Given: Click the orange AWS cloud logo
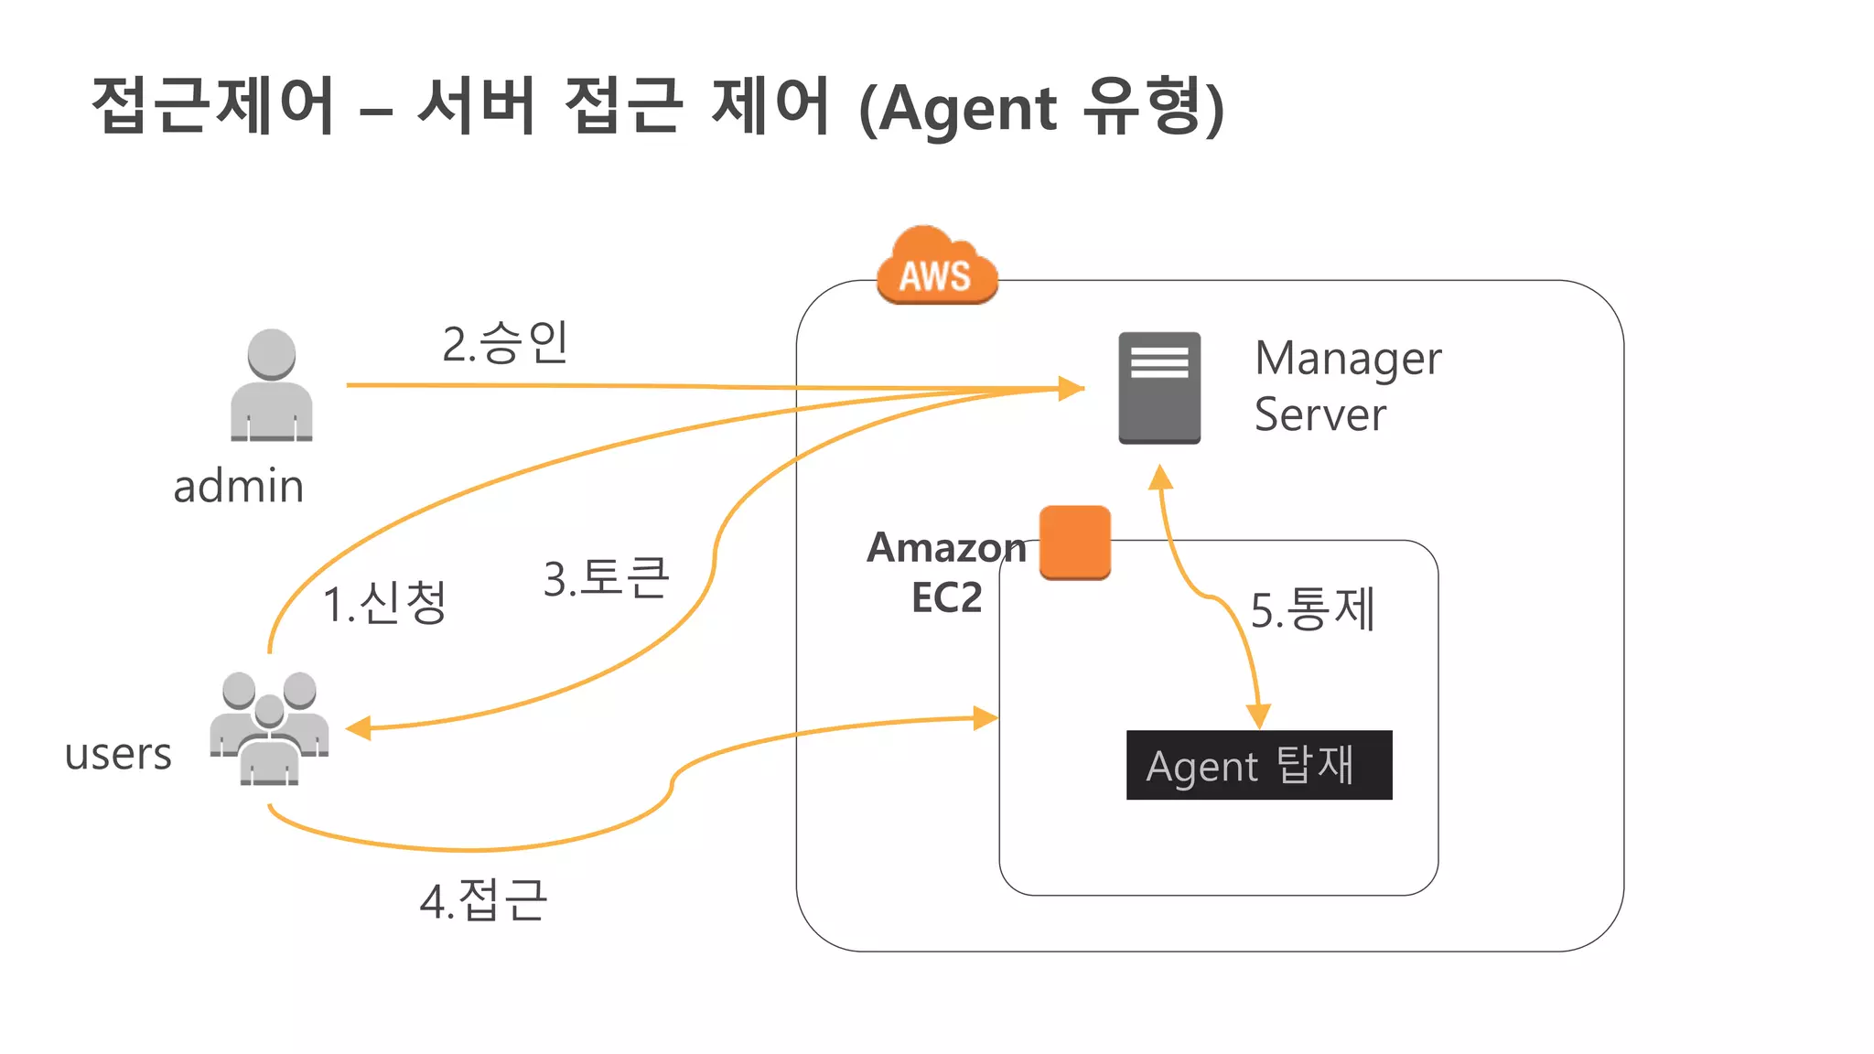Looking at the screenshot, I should click(x=936, y=267).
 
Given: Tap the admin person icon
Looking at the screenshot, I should click(x=271, y=386).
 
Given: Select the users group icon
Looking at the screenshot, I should click(x=269, y=728).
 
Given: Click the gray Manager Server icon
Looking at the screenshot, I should click(x=1158, y=388).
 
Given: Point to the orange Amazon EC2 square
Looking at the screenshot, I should click(x=1074, y=542).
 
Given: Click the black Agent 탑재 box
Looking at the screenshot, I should click(x=1258, y=765).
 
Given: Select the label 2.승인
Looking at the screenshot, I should click(x=505, y=343).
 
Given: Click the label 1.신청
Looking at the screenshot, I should click(x=385, y=603).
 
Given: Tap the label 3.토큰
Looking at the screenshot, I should click(x=606, y=578).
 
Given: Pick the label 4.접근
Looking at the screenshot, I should click(x=483, y=900).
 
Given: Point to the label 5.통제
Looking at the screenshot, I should click(x=1312, y=609).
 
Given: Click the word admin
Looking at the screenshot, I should click(x=239, y=486).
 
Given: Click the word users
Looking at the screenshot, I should click(x=118, y=754).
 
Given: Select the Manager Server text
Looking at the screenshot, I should click(x=1346, y=386).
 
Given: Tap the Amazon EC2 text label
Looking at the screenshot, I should click(x=946, y=572).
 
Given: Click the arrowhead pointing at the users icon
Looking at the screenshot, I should click(x=358, y=728).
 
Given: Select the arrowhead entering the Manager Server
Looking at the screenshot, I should click(x=1070, y=388).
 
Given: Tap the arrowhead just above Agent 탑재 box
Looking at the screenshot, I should click(x=1259, y=715).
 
